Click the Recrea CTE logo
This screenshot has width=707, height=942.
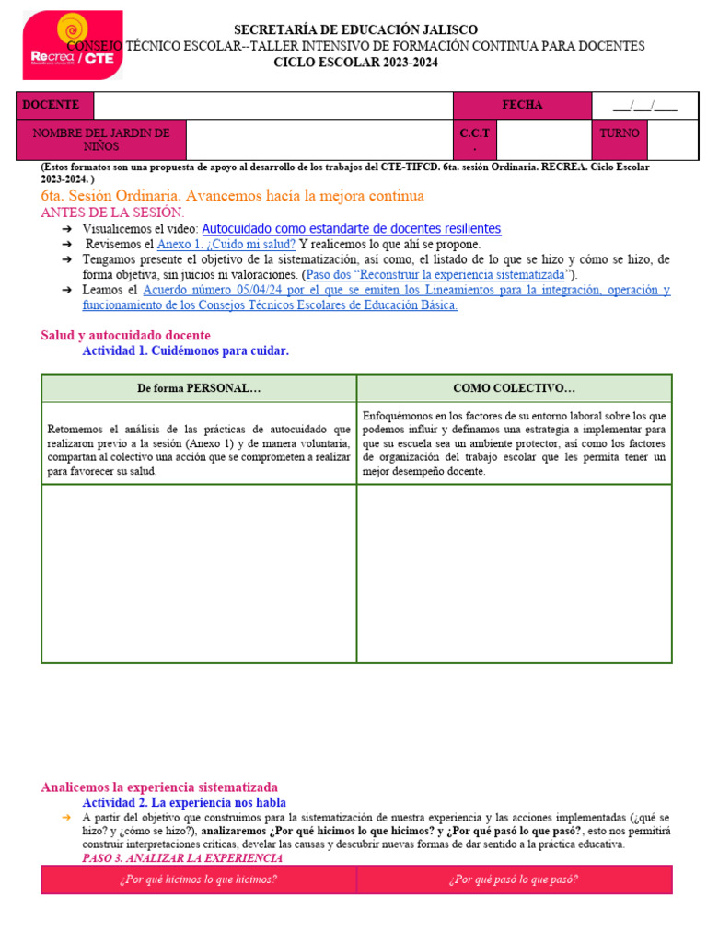click(72, 45)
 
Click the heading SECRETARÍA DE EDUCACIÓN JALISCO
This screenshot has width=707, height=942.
click(355, 30)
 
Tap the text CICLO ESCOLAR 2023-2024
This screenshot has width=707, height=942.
click(355, 63)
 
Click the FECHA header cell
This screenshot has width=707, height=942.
click(522, 105)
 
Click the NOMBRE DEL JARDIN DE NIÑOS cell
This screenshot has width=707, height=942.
click(101, 140)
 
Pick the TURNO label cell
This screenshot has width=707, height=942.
click(620, 133)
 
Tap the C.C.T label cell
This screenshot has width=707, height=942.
click(475, 140)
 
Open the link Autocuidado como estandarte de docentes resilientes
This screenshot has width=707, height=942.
click(351, 228)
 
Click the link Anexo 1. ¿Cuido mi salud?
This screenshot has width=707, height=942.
click(226, 244)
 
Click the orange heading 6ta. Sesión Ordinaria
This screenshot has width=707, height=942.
click(232, 196)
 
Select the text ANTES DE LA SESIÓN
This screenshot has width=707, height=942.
click(112, 212)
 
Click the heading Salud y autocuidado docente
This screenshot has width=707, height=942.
click(125, 336)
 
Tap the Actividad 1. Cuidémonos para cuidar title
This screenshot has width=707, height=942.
click(185, 350)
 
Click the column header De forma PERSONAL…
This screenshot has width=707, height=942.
click(199, 389)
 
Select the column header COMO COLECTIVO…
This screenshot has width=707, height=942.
click(514, 389)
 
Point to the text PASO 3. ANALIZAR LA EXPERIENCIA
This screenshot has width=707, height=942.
click(182, 858)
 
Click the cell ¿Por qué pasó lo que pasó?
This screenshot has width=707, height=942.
click(514, 879)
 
